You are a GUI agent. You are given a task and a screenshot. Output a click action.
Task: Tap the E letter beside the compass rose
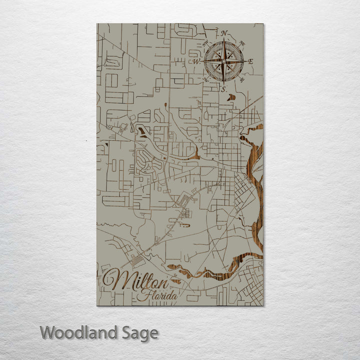[x=251, y=61]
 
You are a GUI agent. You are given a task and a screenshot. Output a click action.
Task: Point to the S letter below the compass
[x=224, y=89]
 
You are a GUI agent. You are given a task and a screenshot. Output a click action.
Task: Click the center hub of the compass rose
[x=224, y=61]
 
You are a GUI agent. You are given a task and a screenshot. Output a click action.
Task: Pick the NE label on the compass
[x=242, y=43]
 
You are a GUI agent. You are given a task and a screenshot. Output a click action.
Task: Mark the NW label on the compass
[x=206, y=43]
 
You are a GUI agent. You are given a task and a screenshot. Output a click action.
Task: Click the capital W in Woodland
[x=48, y=332]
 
